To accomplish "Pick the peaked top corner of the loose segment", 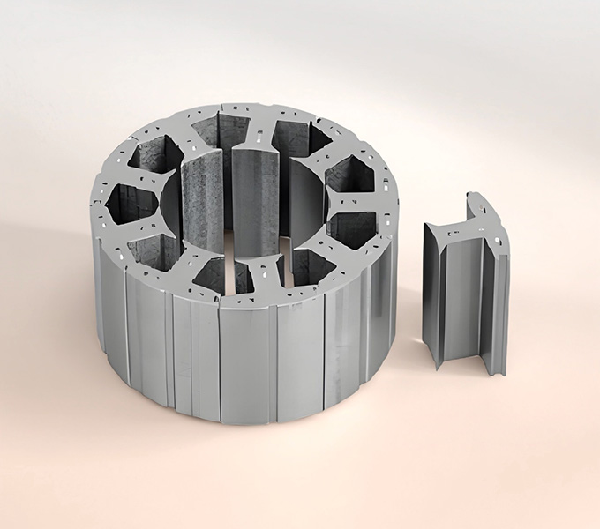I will point(472,194).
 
